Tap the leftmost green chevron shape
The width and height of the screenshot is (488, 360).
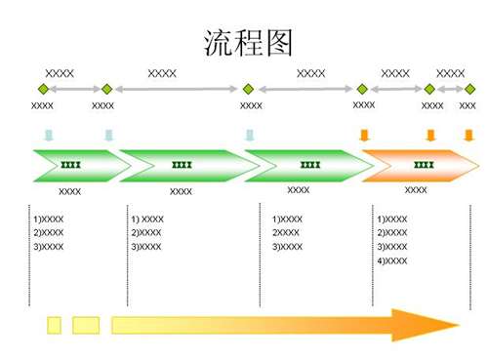73,166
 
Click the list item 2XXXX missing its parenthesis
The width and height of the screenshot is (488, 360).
286,233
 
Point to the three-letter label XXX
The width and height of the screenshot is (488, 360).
468,105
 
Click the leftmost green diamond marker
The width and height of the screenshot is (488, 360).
42,89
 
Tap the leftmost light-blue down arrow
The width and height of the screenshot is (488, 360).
48,135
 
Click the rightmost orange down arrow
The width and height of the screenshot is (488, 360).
468,135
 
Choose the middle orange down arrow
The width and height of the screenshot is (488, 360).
430,135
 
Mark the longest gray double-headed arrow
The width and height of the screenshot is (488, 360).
178,89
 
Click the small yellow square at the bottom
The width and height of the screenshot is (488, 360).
54,324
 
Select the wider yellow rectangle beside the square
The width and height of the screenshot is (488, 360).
86,324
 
